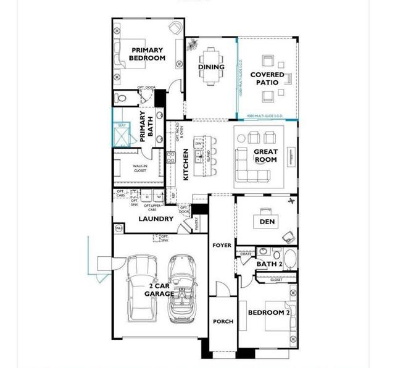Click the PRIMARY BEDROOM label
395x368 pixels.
147,54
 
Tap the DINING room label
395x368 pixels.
211,67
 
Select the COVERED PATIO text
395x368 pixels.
267,78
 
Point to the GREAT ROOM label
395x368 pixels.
265,156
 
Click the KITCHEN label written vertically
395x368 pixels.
186,164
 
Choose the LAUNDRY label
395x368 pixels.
156,219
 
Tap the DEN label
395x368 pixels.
267,221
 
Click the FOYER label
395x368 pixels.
222,245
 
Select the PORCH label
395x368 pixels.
222,321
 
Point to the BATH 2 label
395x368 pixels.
269,264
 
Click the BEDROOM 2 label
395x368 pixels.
268,312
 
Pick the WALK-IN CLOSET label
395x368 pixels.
140,168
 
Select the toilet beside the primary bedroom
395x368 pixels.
121,98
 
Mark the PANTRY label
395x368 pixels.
197,224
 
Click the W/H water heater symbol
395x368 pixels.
118,228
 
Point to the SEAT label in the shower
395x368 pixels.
122,125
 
